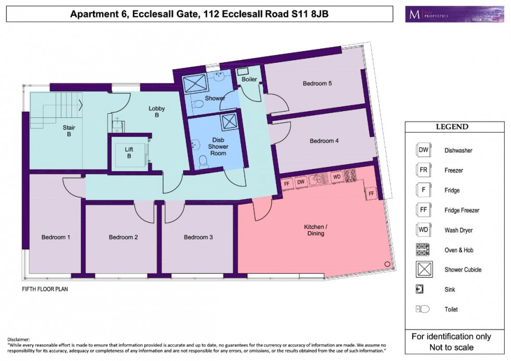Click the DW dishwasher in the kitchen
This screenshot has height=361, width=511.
pos(300,182)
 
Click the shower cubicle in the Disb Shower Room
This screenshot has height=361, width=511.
pos(228,122)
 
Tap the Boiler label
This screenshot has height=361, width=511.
pos(249,79)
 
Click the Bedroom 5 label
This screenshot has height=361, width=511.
pos(318,83)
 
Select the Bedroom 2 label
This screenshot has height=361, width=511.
pos(124,237)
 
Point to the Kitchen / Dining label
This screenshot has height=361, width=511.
pos(316,230)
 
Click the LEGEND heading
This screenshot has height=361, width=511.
pos(452,127)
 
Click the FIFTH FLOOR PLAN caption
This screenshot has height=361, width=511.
pos(45,288)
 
